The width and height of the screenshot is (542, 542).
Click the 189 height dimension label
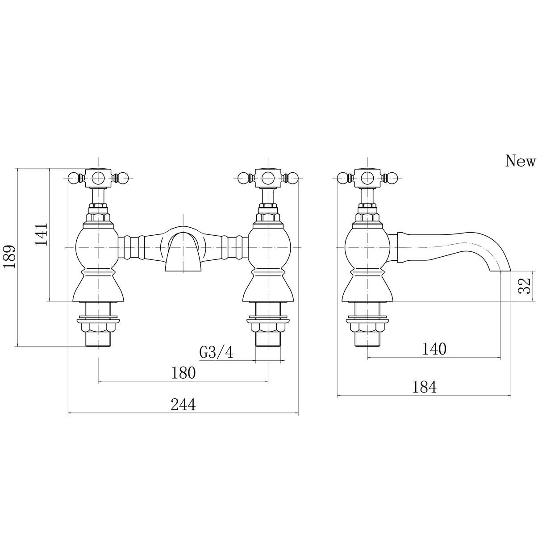pyautogui.click(x=10, y=257)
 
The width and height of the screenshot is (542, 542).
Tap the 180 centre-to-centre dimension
pyautogui.click(x=183, y=373)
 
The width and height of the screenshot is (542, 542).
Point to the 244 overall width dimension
pyautogui.click(x=183, y=405)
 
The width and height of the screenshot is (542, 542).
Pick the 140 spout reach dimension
pyautogui.click(x=434, y=349)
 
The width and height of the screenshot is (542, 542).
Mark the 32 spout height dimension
pyautogui.click(x=524, y=286)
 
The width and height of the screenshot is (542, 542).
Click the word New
pyautogui.click(x=520, y=161)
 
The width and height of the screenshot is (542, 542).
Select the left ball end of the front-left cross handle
pyautogui.click(x=74, y=178)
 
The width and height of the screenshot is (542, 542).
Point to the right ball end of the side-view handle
pyautogui.click(x=391, y=178)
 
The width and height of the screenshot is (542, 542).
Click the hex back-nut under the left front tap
pyautogui.click(x=98, y=327)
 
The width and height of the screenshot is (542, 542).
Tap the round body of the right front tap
pyautogui.click(x=268, y=247)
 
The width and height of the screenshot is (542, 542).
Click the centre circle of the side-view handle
pyautogui.click(x=367, y=178)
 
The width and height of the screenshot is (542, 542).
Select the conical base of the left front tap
pyautogui.click(x=98, y=288)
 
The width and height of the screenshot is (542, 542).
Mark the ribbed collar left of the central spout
pyautogui.click(x=132, y=247)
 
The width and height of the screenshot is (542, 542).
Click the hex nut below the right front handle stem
pyautogui.click(x=268, y=218)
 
